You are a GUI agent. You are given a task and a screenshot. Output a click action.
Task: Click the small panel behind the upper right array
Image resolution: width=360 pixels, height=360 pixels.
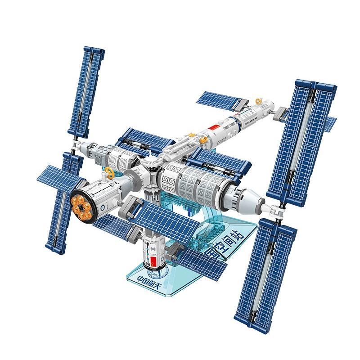tap(331, 121)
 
